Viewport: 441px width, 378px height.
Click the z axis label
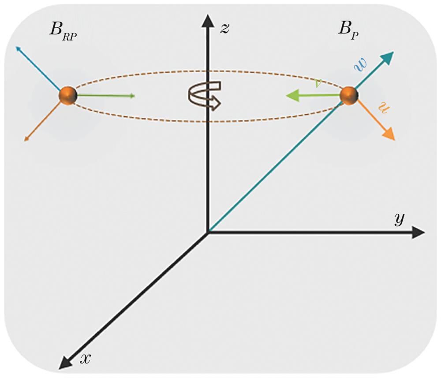225,28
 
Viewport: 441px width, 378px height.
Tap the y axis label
399,219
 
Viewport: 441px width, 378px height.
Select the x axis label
85,358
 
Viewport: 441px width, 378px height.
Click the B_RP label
63,31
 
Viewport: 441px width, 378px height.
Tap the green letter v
318,83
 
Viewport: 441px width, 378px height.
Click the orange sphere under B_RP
68,96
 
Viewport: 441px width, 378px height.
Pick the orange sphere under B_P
349,96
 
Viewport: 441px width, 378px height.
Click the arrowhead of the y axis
418,232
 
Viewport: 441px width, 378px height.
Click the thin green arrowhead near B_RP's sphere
133,96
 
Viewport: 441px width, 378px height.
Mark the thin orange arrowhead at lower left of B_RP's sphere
26,139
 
